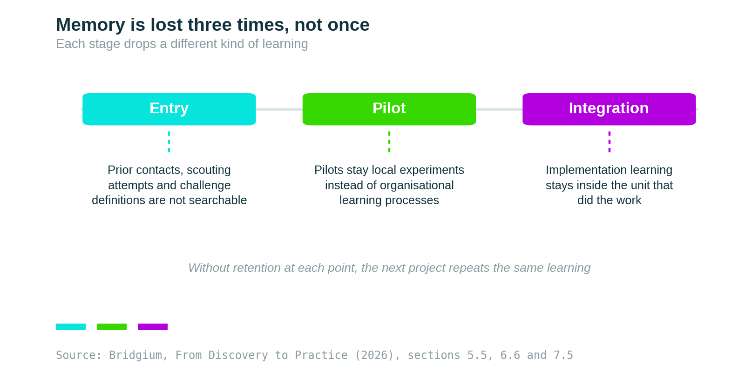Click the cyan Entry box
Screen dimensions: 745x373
point(169,109)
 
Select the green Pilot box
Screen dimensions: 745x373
point(389,109)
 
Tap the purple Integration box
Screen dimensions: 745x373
point(610,109)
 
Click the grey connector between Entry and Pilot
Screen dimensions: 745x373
point(279,109)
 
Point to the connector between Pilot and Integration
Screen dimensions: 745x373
point(499,109)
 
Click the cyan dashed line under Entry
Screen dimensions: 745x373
point(169,142)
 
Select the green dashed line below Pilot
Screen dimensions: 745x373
point(389,142)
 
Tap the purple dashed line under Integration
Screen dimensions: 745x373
point(610,142)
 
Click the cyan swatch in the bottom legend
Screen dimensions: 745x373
point(71,327)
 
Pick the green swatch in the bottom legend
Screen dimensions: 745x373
point(112,327)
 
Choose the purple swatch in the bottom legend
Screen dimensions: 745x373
point(153,327)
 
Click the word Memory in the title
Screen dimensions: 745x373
point(90,25)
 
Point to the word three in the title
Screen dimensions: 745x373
point(210,25)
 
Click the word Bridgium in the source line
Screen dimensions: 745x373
point(135,355)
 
